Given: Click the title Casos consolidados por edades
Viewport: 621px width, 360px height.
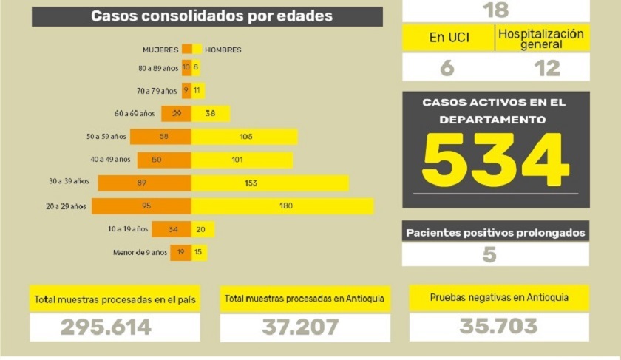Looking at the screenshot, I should pyautogui.click(x=211, y=16).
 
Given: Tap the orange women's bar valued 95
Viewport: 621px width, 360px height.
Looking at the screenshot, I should pyautogui.click(x=141, y=206).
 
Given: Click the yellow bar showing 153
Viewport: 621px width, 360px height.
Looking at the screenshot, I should pyautogui.click(x=270, y=183).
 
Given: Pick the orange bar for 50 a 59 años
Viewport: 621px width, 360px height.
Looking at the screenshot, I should pyautogui.click(x=160, y=137).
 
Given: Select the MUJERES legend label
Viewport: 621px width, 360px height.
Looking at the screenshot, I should pyautogui.click(x=160, y=50).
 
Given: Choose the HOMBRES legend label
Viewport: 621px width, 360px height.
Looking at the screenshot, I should pyautogui.click(x=223, y=50).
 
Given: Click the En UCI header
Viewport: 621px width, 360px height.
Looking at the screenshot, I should pyautogui.click(x=449, y=38).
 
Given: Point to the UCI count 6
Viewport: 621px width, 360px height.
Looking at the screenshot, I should pyautogui.click(x=447, y=67).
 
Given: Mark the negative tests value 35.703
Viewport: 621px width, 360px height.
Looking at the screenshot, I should pyautogui.click(x=498, y=326).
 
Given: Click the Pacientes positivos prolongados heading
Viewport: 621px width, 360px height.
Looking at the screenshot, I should pyautogui.click(x=495, y=233).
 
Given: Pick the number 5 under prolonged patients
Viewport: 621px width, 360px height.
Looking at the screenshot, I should pyautogui.click(x=489, y=255).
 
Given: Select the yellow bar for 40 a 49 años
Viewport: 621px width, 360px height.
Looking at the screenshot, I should pyautogui.click(x=242, y=160).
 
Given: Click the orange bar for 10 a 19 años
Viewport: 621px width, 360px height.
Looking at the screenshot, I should pyautogui.click(x=172, y=229).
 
